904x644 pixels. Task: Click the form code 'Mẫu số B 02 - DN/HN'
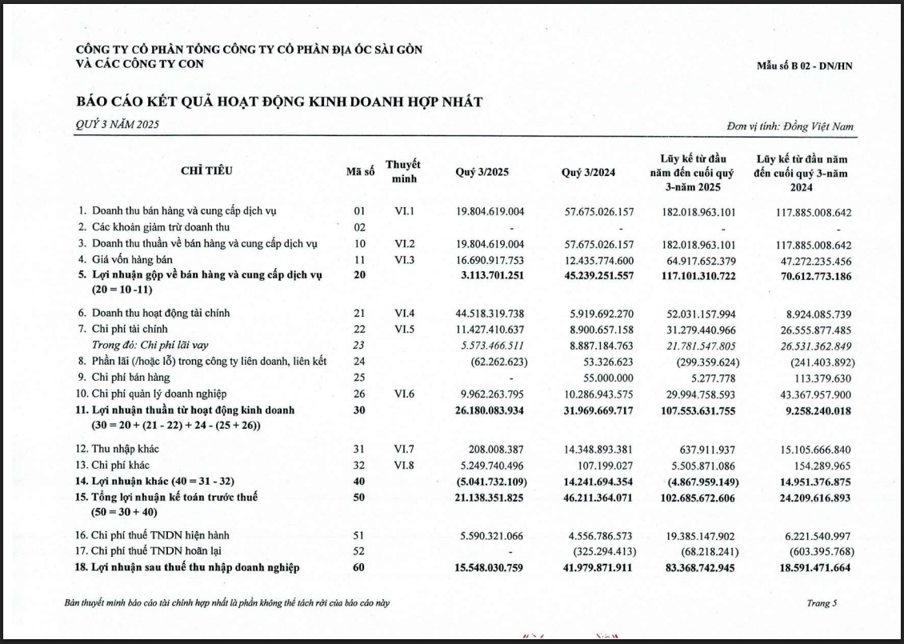tap(804, 66)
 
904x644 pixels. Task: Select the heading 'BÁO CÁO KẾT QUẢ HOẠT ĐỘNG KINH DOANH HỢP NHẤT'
tap(279, 102)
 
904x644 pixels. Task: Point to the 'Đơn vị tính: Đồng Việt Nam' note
tap(790, 126)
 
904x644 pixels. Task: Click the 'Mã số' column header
tap(360, 172)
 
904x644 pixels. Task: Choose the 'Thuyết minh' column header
tap(403, 171)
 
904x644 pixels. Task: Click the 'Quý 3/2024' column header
tap(588, 172)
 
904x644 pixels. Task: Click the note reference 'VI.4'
tap(403, 313)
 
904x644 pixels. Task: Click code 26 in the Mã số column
tap(359, 393)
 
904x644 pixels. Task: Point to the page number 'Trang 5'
tap(822, 603)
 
